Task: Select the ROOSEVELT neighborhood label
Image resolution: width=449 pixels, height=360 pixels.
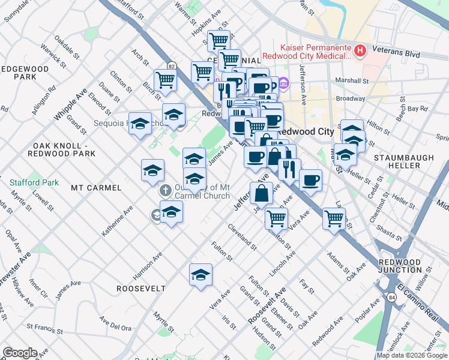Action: (x=141, y=288)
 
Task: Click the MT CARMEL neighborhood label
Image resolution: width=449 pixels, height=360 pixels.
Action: (x=96, y=188)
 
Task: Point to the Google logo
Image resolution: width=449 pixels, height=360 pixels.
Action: (x=20, y=353)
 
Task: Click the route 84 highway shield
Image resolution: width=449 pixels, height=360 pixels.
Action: (x=391, y=297)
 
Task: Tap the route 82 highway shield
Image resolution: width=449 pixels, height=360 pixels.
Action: (x=172, y=66)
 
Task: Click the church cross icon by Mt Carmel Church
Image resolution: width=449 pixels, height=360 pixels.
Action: (x=165, y=191)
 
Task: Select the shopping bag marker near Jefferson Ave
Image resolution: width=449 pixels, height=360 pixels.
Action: (x=261, y=194)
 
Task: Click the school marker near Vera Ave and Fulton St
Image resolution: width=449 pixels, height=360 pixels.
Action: (x=200, y=275)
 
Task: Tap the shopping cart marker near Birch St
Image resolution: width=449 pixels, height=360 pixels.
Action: (x=164, y=80)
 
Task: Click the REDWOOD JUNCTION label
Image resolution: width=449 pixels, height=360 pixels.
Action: (x=400, y=266)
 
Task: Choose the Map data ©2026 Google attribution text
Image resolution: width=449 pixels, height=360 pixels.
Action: (x=412, y=355)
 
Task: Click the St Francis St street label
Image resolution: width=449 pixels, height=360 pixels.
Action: (x=45, y=329)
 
